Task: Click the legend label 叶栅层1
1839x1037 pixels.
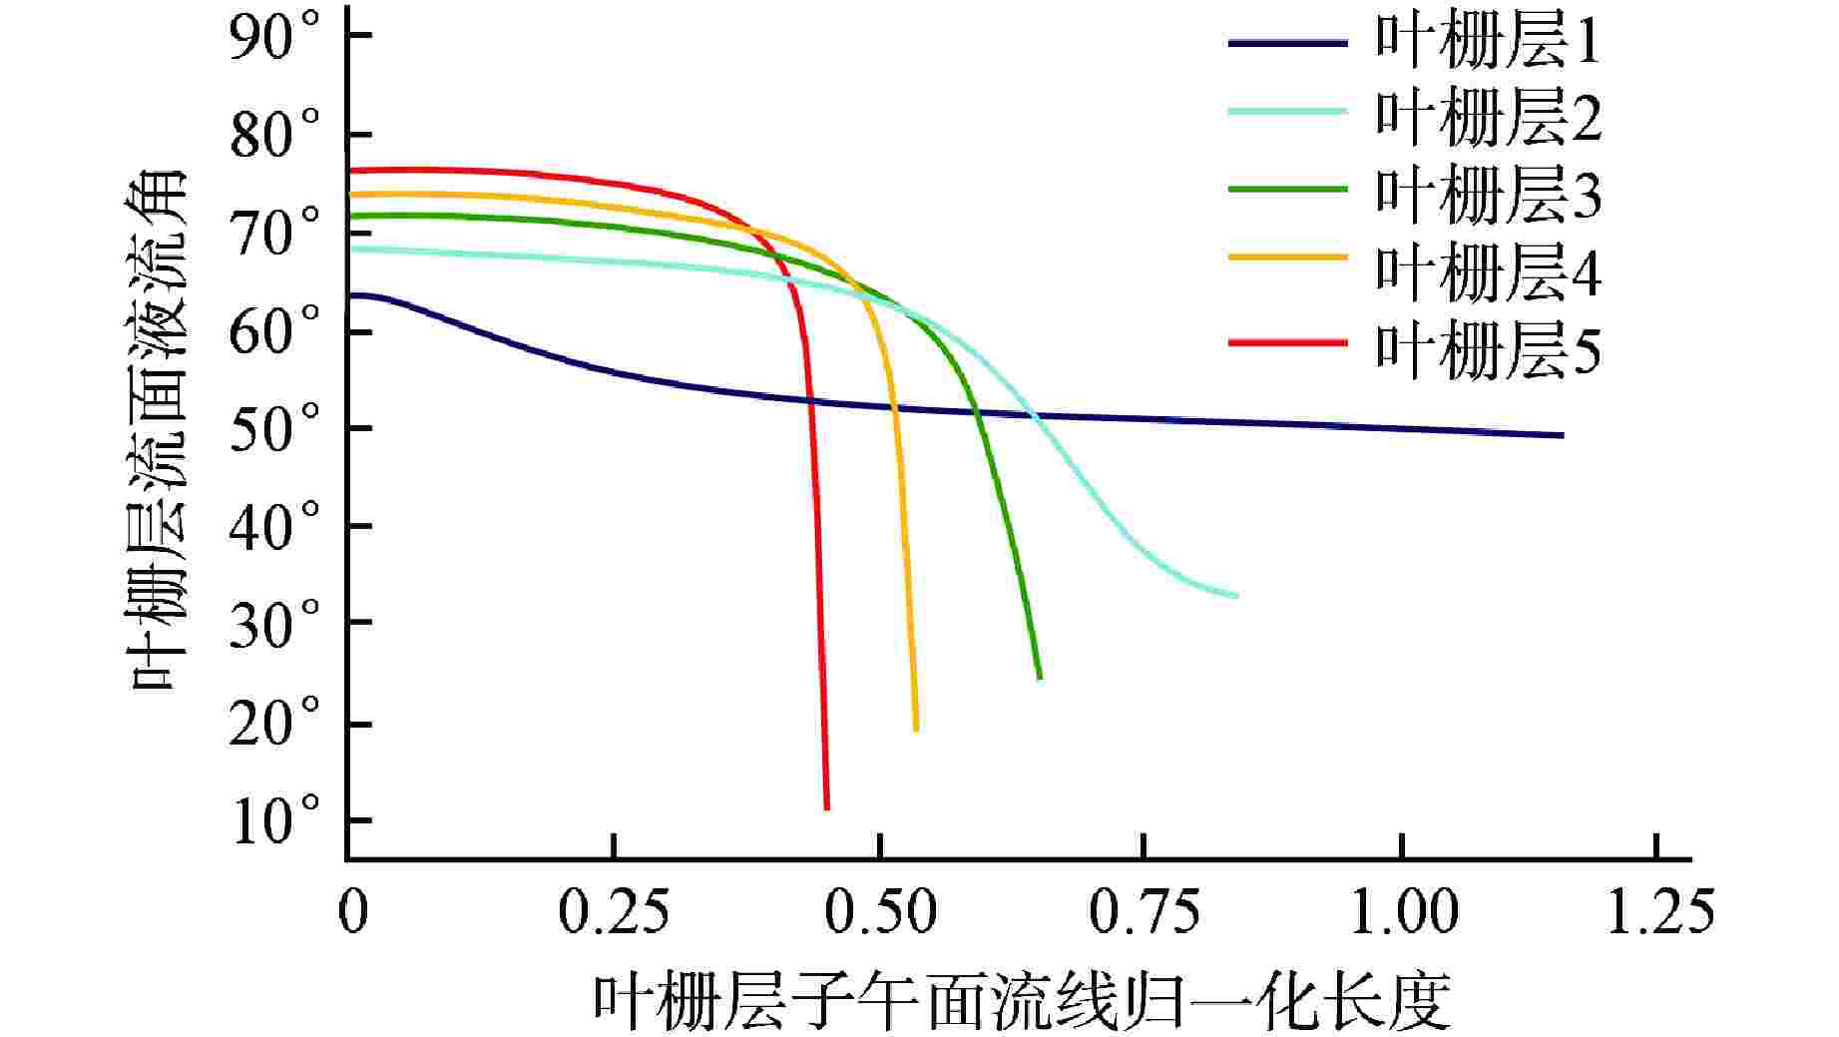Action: (1488, 43)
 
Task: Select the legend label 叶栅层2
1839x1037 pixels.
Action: (1488, 118)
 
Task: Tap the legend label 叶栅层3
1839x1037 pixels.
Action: (1488, 195)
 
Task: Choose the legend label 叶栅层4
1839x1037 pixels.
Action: (1488, 270)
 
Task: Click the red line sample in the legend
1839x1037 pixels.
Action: (1287, 342)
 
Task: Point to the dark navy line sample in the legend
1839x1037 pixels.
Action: (1287, 42)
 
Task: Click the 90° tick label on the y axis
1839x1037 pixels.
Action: (276, 40)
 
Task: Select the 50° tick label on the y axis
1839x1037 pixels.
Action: (276, 431)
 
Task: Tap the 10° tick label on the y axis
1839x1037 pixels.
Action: (276, 823)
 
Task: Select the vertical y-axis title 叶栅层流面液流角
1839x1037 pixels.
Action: (160, 429)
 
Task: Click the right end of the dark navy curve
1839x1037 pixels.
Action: (1561, 435)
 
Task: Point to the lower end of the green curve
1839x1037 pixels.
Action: (1040, 677)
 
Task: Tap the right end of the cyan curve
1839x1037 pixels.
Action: (1236, 596)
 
